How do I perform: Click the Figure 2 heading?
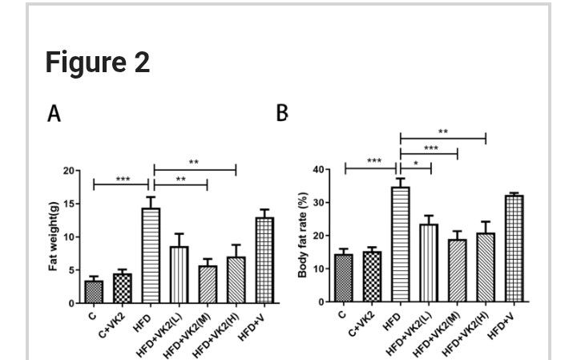tap(97, 62)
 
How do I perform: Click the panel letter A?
tap(54, 113)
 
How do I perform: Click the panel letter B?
tap(281, 113)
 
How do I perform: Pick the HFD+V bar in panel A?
tap(264, 260)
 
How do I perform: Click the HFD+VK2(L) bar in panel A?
tap(179, 274)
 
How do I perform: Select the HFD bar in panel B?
tap(400, 244)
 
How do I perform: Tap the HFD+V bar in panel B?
tap(514, 248)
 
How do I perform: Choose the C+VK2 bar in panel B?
tap(372, 277)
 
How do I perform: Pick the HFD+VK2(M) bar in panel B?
tap(457, 270)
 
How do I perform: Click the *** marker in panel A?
tap(123, 179)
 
